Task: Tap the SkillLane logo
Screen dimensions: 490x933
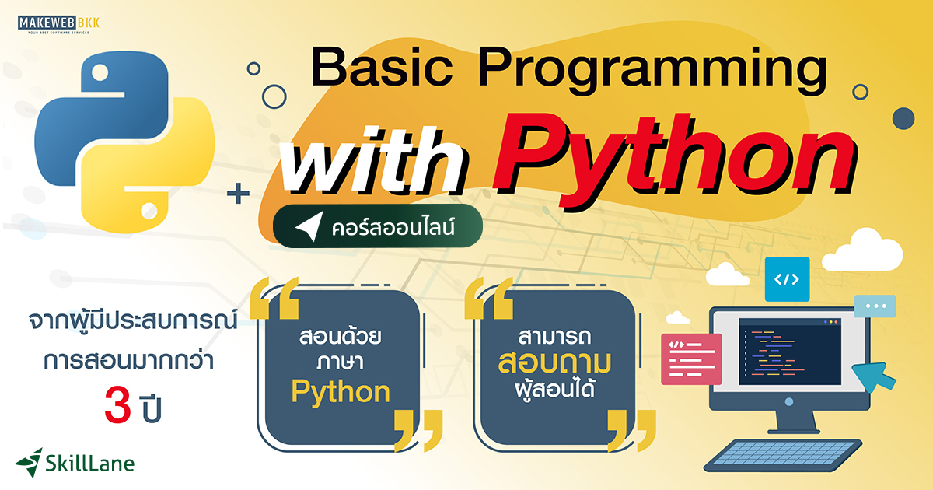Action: tap(75, 463)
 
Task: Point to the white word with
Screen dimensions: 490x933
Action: tap(379, 165)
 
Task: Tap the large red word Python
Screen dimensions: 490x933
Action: tap(676, 159)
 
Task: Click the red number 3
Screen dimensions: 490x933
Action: tap(117, 408)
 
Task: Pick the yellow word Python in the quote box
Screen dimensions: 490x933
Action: tap(341, 392)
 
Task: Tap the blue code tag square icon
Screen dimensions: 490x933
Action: tap(787, 279)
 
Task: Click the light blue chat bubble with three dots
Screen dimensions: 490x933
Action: tap(875, 306)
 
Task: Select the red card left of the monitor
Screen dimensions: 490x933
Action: tap(691, 359)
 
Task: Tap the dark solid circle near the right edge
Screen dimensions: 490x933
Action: tap(903, 118)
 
